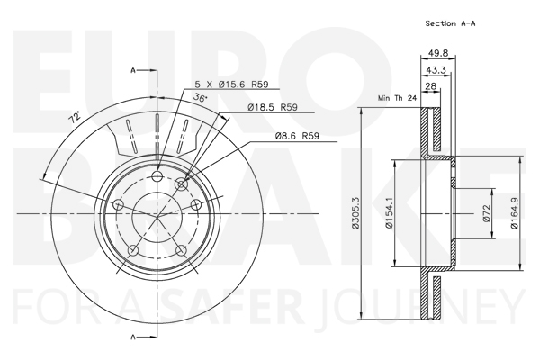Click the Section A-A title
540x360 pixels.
(450, 23)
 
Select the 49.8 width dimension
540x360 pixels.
(438, 53)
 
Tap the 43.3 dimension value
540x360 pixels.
(436, 70)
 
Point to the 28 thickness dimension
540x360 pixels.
(431, 86)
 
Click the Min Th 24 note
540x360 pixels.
(397, 98)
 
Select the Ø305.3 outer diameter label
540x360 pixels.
(355, 212)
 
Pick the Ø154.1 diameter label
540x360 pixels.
(389, 212)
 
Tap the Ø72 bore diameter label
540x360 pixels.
(486, 213)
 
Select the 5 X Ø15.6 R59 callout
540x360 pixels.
(231, 84)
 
